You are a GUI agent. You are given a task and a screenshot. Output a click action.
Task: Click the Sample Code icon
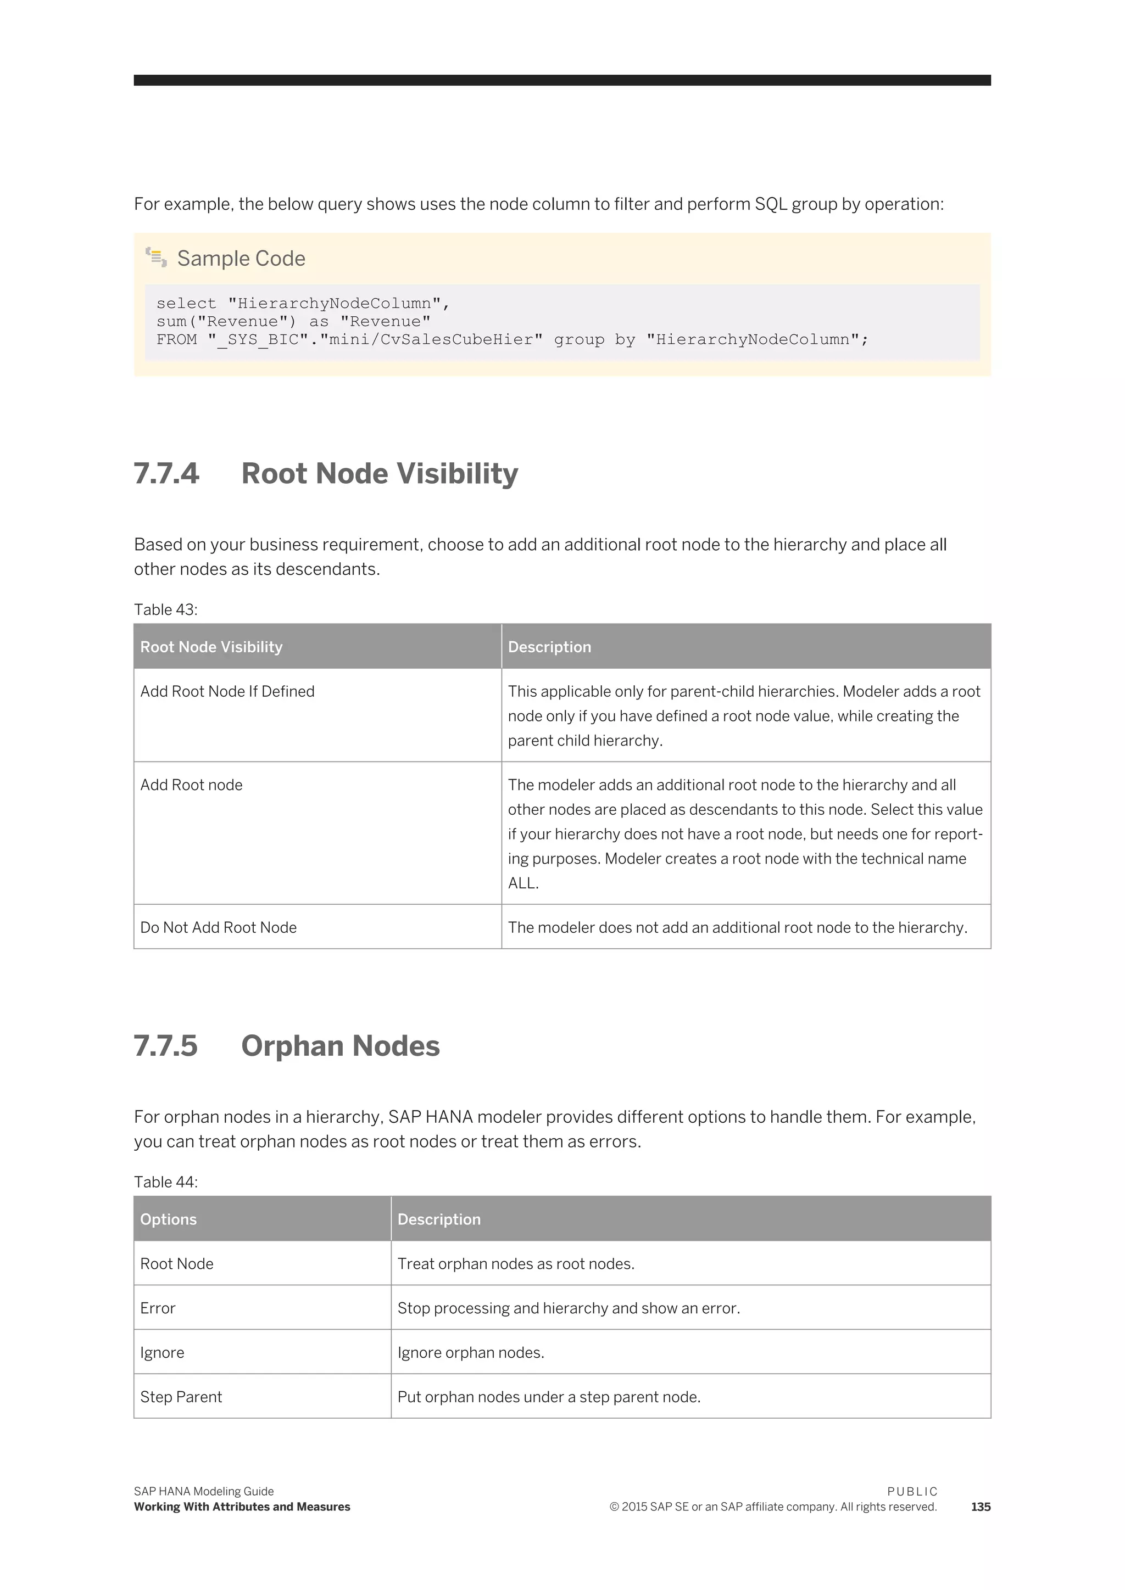click(156, 257)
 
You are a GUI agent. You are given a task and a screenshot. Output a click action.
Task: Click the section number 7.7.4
click(166, 474)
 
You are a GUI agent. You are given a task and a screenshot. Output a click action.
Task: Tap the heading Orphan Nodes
click(340, 1046)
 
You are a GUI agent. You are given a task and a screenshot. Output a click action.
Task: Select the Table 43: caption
click(165, 609)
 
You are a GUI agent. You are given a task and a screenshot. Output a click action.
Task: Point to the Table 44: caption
click(165, 1182)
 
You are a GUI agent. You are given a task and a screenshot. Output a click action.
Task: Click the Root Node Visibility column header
click(211, 647)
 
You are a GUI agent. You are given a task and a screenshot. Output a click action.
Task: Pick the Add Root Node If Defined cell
click(227, 691)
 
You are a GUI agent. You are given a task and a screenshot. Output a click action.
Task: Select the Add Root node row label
click(191, 785)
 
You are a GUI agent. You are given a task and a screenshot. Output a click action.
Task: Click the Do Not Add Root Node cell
click(218, 927)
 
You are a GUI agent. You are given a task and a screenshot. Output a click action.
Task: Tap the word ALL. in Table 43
click(523, 883)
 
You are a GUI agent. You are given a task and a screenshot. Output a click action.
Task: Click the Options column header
click(168, 1219)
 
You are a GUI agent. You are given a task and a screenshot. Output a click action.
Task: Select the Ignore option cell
click(162, 1352)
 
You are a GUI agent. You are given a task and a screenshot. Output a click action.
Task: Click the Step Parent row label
click(181, 1396)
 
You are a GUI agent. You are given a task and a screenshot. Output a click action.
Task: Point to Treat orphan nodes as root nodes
click(515, 1263)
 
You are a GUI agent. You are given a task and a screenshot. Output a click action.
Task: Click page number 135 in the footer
click(980, 1506)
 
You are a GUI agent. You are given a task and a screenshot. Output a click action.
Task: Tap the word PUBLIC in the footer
click(912, 1491)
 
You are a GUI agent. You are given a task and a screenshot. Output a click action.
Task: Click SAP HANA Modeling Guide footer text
click(204, 1491)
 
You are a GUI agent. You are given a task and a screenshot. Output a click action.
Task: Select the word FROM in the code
click(177, 339)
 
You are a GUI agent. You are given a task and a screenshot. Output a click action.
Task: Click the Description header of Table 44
click(438, 1219)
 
